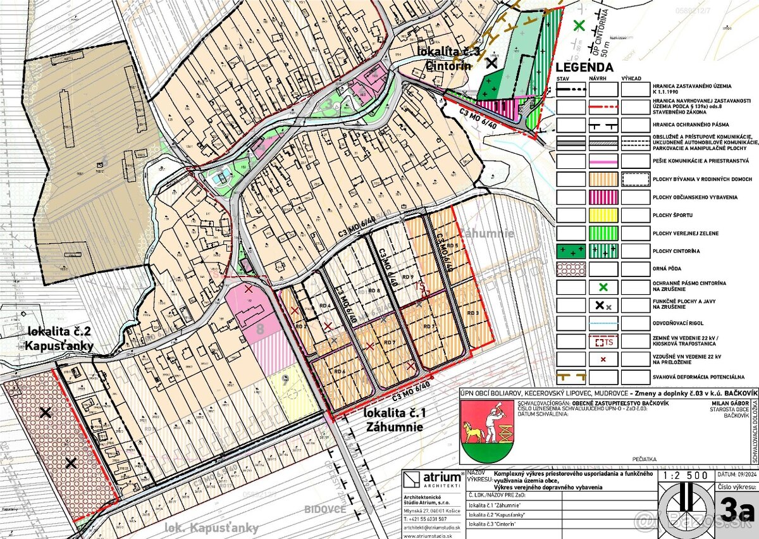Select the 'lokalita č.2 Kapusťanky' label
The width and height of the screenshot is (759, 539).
point(60,338)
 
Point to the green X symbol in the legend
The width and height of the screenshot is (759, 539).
point(603,287)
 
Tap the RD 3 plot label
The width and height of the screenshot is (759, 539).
point(472,313)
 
